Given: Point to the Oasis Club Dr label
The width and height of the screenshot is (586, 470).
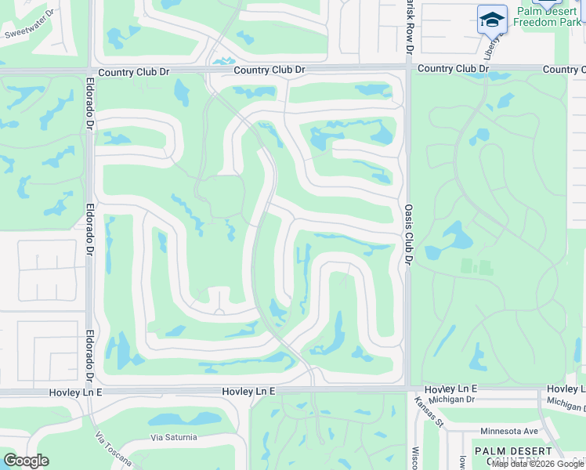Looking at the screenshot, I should [408, 234].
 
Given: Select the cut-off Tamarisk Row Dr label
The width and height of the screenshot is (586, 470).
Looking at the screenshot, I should [409, 27].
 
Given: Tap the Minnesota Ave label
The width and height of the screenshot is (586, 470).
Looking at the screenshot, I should [508, 431].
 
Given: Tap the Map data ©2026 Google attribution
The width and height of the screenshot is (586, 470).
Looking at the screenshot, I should [537, 464].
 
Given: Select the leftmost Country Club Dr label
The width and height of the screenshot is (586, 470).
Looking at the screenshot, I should [137, 70].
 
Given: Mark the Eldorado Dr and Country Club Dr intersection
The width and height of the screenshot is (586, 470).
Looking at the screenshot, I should [91, 71].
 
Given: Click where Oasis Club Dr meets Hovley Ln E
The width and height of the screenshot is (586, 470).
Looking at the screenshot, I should [408, 389].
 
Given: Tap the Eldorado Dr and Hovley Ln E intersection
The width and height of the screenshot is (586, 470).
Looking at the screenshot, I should [91, 391].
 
